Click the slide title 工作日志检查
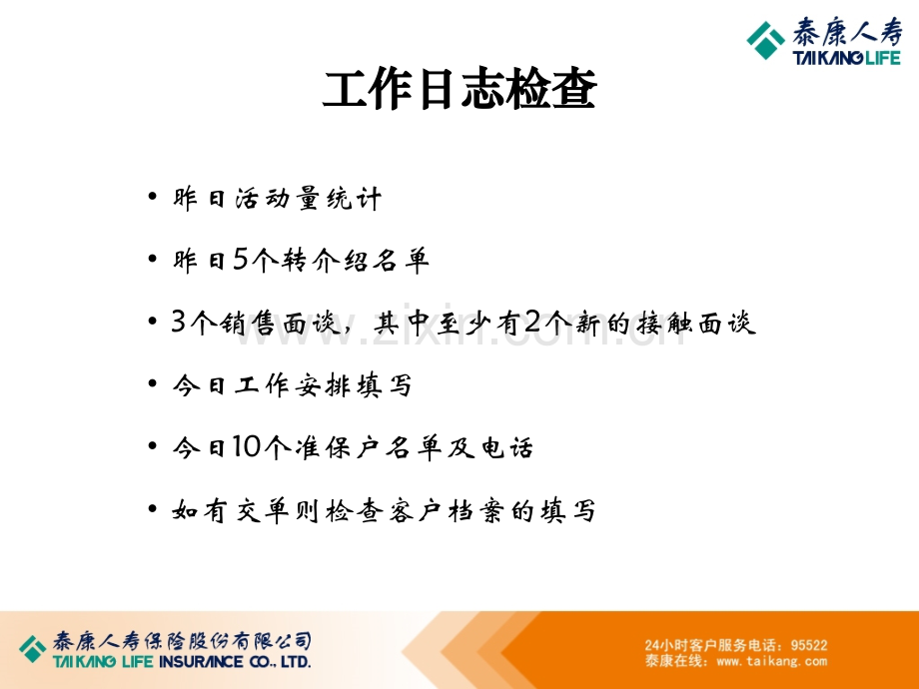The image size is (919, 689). coord(459,89)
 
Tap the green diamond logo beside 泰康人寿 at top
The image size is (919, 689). coord(765,40)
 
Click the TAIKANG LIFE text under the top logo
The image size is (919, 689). coord(846,58)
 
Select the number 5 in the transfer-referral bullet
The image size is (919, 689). coord(241,259)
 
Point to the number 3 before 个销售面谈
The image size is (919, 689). coord(178,322)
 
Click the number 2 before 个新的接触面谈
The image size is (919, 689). coord(532,322)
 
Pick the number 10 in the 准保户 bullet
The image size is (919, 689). coord(246,446)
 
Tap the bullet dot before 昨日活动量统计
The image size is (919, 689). coord(153,196)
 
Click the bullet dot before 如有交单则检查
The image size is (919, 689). coord(153,508)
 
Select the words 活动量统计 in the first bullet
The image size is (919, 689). coord(309,198)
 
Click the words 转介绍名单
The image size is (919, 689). coord(356,260)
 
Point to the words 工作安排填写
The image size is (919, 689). coord(324,384)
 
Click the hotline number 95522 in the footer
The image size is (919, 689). coord(809,645)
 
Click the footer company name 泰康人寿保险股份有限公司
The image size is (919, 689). coord(182,641)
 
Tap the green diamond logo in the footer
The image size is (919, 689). coord(33,649)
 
